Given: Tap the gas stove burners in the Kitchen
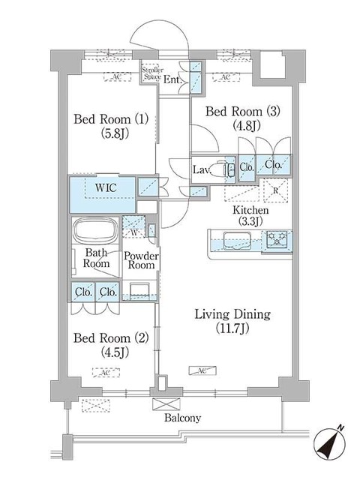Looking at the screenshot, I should (274, 240).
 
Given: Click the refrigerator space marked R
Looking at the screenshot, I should (275, 190).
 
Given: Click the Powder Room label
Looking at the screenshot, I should (141, 261).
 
